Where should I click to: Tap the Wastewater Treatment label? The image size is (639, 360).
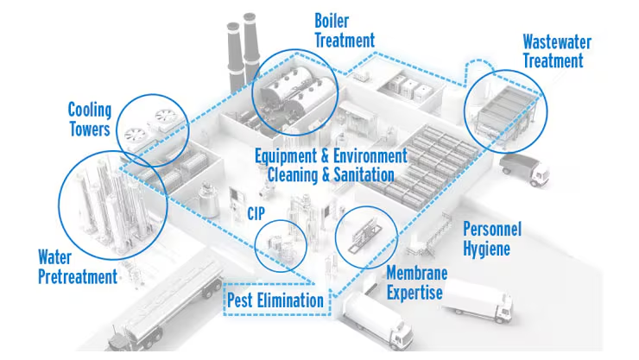pyautogui.click(x=553, y=51)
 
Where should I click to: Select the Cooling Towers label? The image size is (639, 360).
pyautogui.click(x=89, y=119)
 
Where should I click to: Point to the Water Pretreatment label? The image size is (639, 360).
pyautogui.click(x=77, y=267)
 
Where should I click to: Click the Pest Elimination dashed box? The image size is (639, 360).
pyautogui.click(x=275, y=300)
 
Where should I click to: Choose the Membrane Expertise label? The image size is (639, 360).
pyautogui.click(x=416, y=283)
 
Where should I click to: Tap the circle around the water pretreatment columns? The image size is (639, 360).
pyautogui.click(x=101, y=205)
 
